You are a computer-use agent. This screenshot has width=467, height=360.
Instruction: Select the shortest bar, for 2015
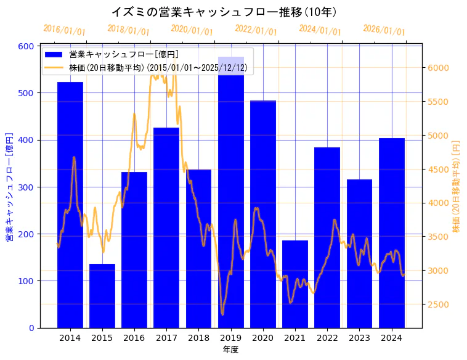(102, 296)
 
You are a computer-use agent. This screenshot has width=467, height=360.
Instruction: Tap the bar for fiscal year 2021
(295, 284)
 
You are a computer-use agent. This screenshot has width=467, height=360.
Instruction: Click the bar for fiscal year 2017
(166, 227)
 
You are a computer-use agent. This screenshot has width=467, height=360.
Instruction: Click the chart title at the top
(224, 12)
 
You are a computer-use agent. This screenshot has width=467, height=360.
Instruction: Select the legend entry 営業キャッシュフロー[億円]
(124, 54)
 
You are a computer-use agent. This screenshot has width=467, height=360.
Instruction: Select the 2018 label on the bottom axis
(198, 338)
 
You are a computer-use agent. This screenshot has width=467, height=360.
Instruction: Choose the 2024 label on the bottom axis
(391, 338)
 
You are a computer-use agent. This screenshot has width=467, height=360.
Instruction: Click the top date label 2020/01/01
(192, 30)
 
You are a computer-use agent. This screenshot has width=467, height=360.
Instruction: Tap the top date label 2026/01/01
(384, 30)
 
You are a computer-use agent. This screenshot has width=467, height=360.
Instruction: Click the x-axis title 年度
(230, 350)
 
